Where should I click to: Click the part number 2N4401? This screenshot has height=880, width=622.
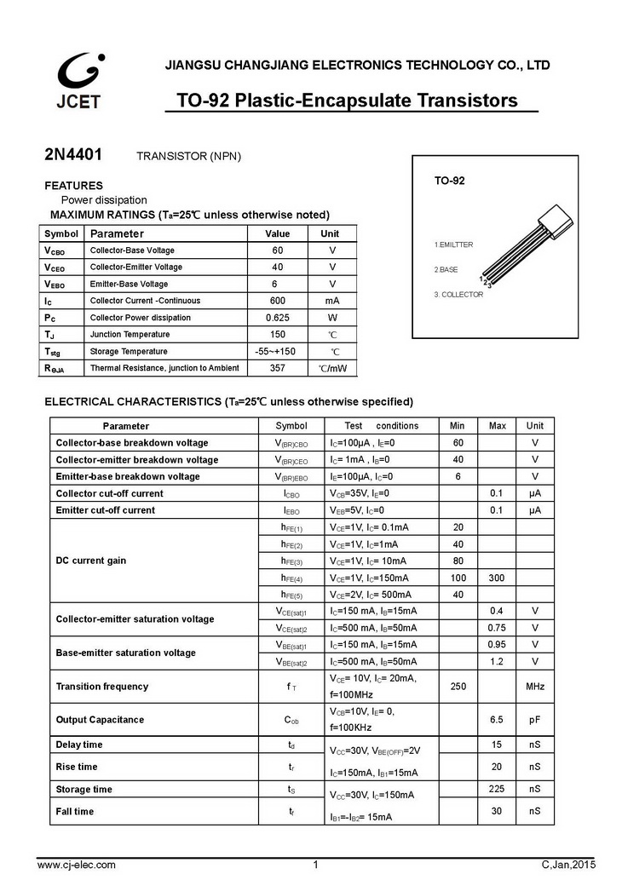(73, 156)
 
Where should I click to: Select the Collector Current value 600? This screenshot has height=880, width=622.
(277, 301)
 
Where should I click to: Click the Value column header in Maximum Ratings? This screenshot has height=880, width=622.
(277, 233)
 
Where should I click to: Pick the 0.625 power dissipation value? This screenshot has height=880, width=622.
(277, 318)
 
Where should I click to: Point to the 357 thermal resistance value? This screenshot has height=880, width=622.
(277, 368)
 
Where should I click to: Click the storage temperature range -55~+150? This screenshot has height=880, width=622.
(276, 351)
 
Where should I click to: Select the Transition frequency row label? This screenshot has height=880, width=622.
(102, 687)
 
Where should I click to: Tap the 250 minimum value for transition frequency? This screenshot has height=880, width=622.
(458, 687)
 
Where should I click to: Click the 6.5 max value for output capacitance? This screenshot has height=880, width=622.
(498, 720)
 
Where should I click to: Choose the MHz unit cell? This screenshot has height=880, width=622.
(534, 687)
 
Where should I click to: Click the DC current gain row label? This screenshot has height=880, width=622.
(91, 561)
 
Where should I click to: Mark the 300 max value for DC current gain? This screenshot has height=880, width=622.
(498, 578)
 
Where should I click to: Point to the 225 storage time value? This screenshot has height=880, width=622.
(498, 789)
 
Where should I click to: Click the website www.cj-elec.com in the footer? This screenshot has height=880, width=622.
(78, 865)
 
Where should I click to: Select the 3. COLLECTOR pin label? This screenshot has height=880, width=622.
(464, 294)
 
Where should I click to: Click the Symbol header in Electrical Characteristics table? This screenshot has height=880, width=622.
(291, 425)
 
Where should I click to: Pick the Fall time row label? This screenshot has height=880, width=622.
(75, 812)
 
